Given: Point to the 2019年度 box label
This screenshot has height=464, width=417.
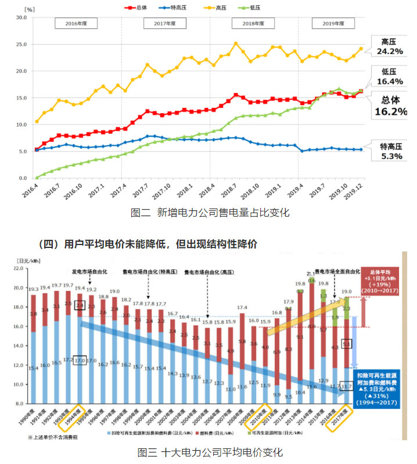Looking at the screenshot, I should point(333,24).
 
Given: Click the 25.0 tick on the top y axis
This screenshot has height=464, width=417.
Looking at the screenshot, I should point(21,44).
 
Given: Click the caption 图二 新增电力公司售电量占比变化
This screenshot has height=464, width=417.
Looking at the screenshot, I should point(210,213).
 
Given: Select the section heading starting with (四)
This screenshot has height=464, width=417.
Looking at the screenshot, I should point(148,244).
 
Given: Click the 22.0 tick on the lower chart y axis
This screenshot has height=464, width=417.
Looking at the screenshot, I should point(19,268).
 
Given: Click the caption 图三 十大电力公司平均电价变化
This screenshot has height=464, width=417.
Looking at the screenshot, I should point(210,452).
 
